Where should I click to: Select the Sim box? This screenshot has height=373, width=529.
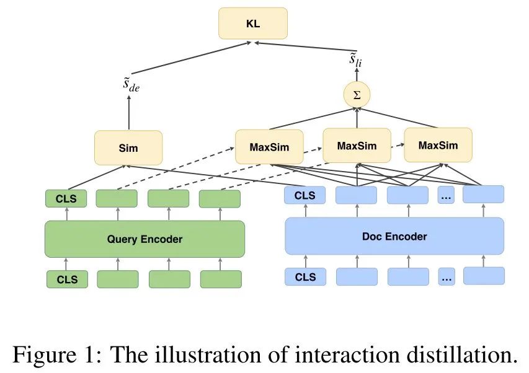128,147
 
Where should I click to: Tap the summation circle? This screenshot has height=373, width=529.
356,94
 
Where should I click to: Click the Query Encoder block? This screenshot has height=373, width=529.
144,239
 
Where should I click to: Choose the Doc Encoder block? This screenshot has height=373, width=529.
394,236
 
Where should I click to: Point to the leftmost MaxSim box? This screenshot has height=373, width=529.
269,147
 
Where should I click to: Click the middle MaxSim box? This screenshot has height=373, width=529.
357,146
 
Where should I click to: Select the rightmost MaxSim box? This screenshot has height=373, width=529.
438,145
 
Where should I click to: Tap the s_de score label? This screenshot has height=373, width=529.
131,85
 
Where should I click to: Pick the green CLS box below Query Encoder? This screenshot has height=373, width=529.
67,279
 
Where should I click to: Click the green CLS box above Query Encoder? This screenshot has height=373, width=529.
66,199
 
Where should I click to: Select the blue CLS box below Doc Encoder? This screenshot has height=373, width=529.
305,276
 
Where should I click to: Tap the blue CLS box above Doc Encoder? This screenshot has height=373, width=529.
305,196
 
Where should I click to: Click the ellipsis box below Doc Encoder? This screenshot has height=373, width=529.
446,276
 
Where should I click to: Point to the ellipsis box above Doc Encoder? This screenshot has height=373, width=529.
446,196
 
